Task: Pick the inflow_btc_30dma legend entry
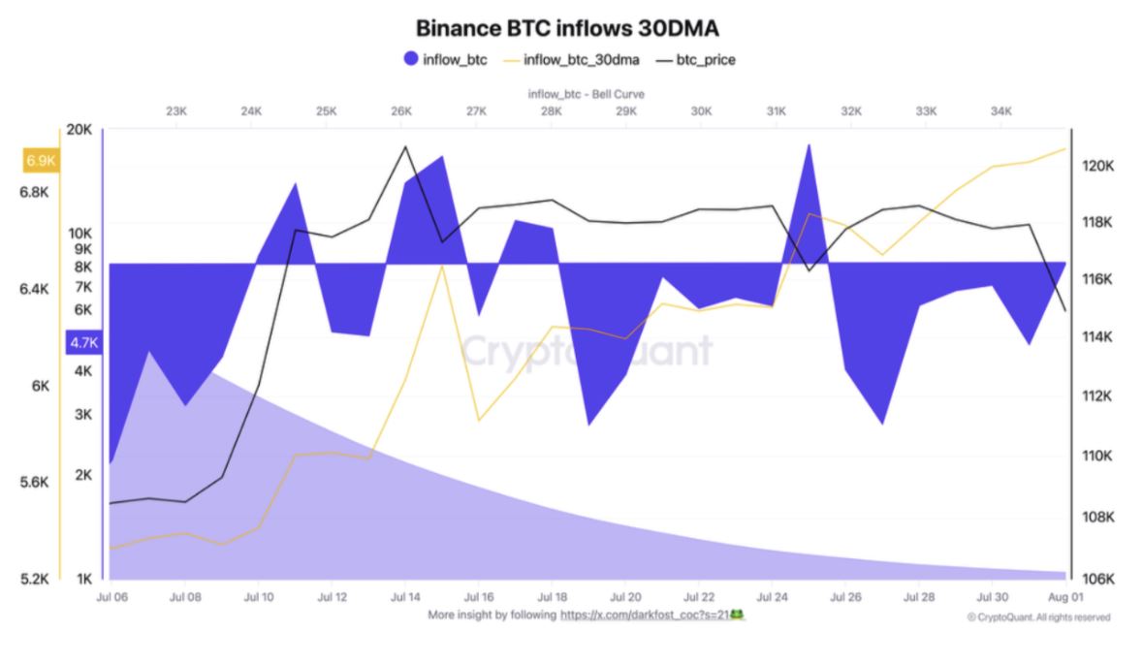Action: click(x=580, y=60)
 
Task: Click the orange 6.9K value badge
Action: click(x=41, y=160)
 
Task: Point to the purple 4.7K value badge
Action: click(x=84, y=342)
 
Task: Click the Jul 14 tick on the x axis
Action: click(x=404, y=597)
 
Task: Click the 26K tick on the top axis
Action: click(x=401, y=111)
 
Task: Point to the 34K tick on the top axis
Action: click(x=1001, y=111)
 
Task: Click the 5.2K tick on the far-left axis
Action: click(x=34, y=579)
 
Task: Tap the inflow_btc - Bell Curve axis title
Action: click(x=586, y=94)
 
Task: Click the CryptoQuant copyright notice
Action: click(x=1038, y=617)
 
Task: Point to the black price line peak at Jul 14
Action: click(x=403, y=146)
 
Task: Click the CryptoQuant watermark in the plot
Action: click(x=586, y=351)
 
